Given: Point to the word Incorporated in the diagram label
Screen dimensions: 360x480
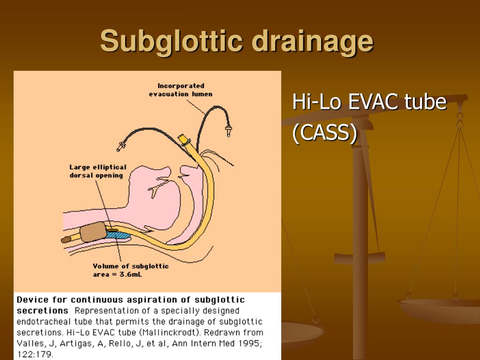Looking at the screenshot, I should (181, 86).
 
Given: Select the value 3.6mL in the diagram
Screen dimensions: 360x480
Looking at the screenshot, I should (131, 275).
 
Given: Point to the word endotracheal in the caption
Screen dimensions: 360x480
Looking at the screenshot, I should (42, 322).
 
